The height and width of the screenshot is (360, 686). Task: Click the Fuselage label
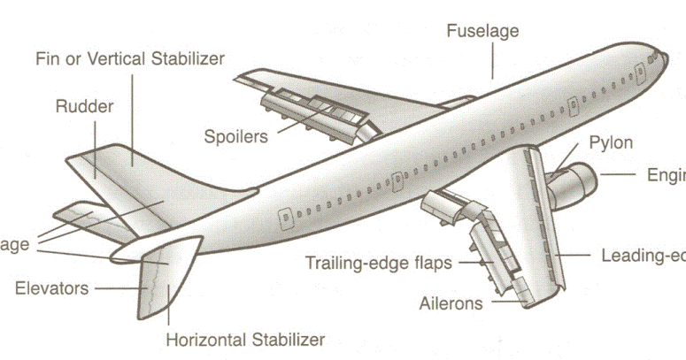click(482, 31)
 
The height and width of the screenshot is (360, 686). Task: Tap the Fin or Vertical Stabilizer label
click(130, 59)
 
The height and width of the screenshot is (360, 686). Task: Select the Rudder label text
click(84, 107)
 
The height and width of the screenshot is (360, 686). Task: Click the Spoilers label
click(236, 136)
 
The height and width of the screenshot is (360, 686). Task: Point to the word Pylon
click(611, 142)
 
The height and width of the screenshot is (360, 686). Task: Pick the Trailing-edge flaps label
click(379, 263)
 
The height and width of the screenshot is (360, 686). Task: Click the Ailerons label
click(451, 303)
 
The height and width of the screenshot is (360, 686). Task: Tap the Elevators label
click(51, 288)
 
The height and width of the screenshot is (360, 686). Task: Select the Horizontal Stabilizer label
click(245, 339)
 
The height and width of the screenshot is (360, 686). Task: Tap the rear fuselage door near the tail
click(284, 215)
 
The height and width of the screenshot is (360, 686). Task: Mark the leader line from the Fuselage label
click(493, 61)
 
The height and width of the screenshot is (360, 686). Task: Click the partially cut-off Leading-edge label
click(642, 257)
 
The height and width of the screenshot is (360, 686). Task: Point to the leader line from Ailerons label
click(505, 303)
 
